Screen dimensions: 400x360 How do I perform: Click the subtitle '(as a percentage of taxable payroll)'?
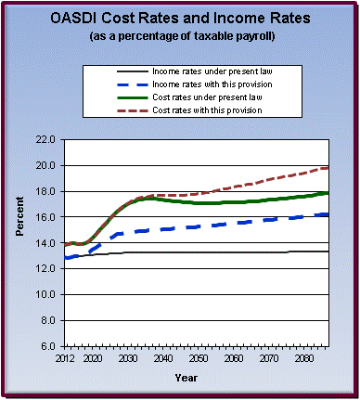coord(180,37)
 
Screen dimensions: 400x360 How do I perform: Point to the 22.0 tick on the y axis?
coord(43,139)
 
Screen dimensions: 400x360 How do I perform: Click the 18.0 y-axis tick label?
coord(43,191)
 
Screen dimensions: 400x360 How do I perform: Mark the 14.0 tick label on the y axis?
coord(43,242)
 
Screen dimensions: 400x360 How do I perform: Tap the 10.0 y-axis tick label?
coord(43,294)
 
